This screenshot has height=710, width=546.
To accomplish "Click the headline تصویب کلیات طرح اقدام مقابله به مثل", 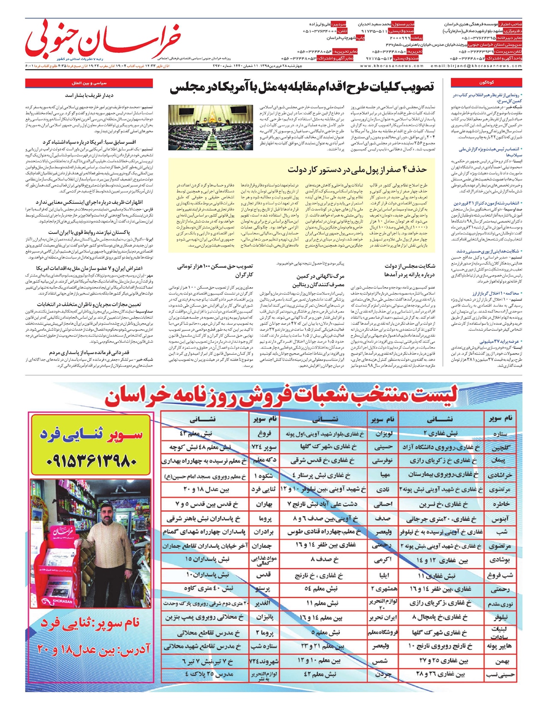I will click(x=302, y=87).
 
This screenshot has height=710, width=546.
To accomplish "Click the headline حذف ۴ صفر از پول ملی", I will click(x=358, y=169).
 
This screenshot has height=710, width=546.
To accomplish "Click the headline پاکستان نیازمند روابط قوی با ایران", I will click(x=91, y=233).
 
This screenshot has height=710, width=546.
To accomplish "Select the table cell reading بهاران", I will click(x=264, y=504).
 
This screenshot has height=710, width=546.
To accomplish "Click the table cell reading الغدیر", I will click(x=264, y=603).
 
